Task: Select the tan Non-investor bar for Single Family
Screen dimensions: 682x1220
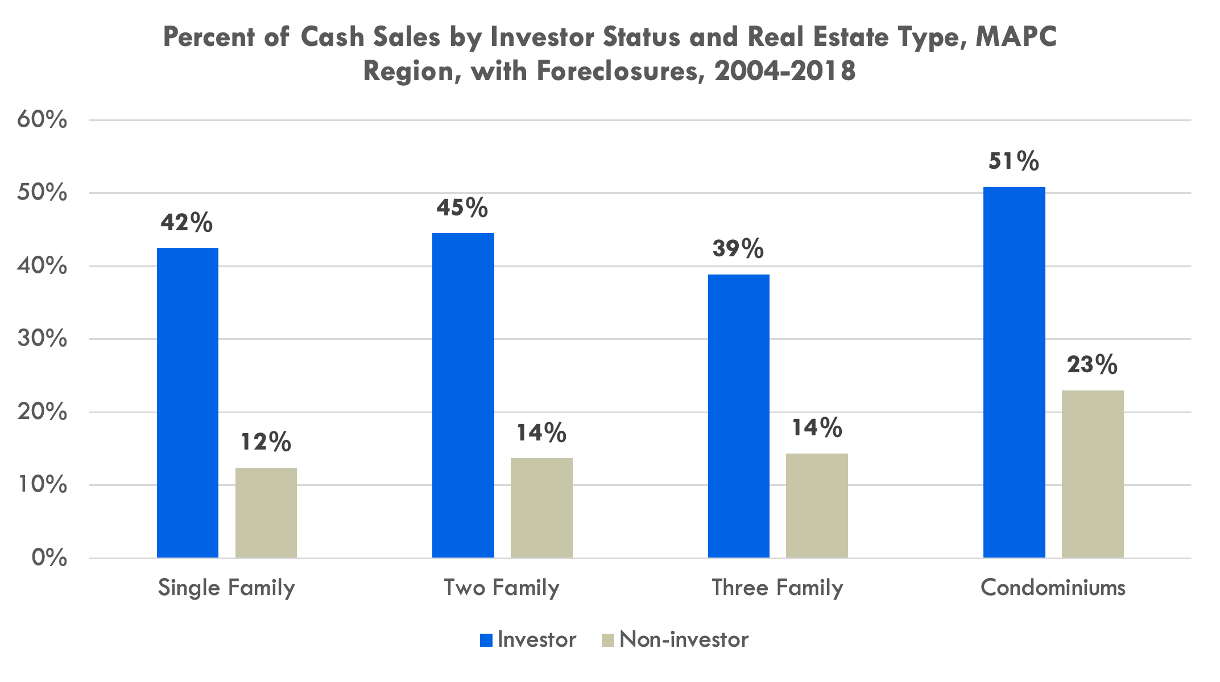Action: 266,513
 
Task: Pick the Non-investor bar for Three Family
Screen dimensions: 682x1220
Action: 817,505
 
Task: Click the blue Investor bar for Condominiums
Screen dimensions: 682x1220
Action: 1014,372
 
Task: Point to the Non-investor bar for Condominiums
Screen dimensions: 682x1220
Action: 1093,474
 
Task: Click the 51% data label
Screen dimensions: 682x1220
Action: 1014,161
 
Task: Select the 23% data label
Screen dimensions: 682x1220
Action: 1092,365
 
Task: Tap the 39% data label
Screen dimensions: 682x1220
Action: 738,249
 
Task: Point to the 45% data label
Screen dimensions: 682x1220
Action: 462,208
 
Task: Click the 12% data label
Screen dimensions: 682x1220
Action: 266,442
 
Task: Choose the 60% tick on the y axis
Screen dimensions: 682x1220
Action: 42,120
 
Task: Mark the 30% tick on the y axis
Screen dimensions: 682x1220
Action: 42,339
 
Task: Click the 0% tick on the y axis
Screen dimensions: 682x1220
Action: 49,558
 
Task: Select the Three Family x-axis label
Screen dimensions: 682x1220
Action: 778,588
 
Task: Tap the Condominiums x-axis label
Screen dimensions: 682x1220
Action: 1053,588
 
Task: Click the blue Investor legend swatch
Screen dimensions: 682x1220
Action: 486,641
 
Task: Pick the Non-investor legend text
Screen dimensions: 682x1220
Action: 684,640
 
